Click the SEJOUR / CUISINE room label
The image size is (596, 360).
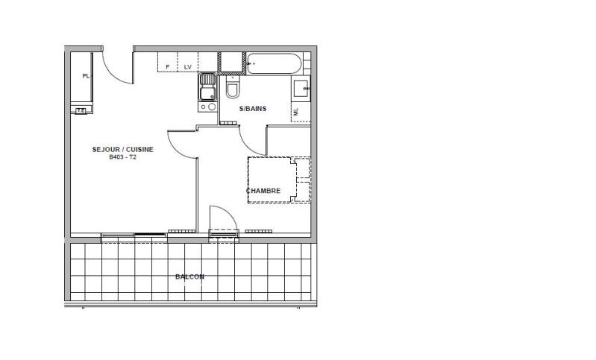point(123,150)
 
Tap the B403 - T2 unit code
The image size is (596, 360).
point(122,157)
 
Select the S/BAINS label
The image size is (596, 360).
point(253,109)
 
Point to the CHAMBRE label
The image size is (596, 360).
point(263,191)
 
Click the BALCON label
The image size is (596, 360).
point(189,277)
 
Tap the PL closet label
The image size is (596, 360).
point(86,76)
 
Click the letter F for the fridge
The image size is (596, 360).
point(168,67)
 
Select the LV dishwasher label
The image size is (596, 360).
point(188,67)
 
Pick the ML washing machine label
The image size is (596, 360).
point(296,112)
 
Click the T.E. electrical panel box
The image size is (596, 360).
point(81,110)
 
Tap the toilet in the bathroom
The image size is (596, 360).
point(233,87)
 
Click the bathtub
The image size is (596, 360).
point(275,63)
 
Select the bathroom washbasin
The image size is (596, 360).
point(301,88)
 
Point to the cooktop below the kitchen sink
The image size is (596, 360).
point(207,107)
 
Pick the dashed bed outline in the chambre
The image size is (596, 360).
point(279,180)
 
